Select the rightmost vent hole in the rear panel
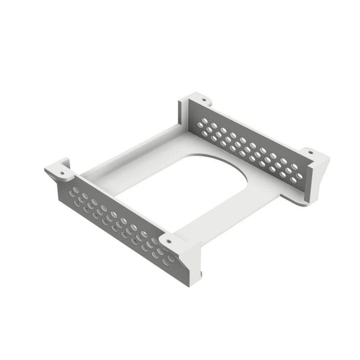[x=300, y=176]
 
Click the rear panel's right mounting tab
[x=315, y=155]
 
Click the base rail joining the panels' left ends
[x=130, y=155]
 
